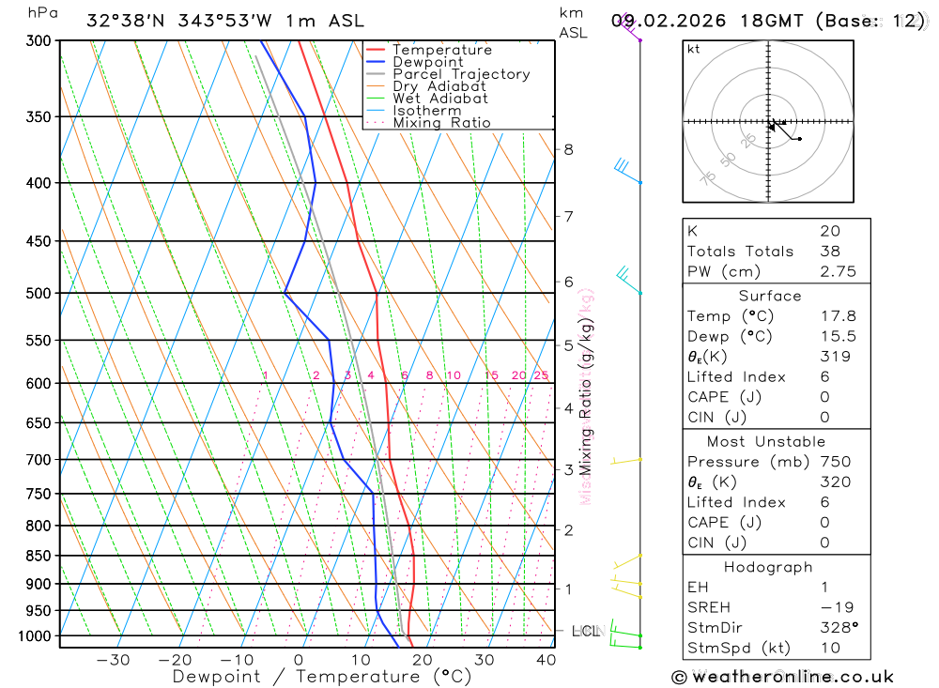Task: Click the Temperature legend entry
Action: [x=441, y=50]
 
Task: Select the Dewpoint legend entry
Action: [x=427, y=62]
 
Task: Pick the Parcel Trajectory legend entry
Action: [x=461, y=74]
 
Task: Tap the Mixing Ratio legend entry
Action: [x=441, y=122]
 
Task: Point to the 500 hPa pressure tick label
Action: [x=38, y=294]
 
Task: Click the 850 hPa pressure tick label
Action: [x=38, y=556]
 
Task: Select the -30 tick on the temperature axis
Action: [x=113, y=659]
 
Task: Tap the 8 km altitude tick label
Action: [x=569, y=149]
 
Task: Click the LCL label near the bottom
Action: [x=585, y=631]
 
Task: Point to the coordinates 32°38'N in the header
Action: [x=125, y=21]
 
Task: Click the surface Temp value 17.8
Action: [x=838, y=316]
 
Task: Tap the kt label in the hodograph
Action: [x=694, y=49]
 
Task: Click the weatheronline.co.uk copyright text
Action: [x=782, y=677]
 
